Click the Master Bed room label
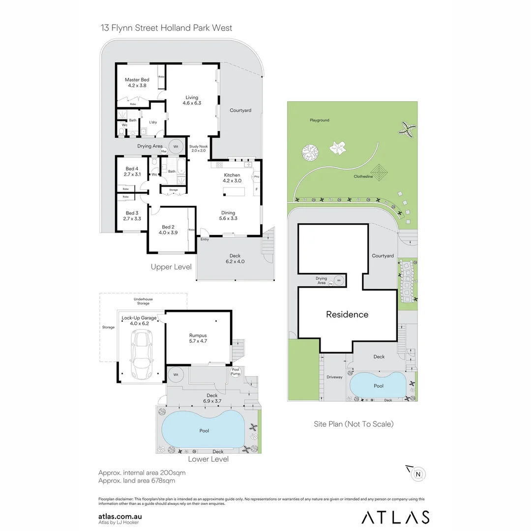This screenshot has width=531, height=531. (137, 83)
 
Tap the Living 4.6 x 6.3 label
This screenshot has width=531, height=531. (192, 100)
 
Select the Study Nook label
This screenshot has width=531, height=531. (200, 148)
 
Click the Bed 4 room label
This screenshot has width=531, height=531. (132, 172)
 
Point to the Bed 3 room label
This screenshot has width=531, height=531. (132, 216)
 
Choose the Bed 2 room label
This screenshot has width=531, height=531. (168, 230)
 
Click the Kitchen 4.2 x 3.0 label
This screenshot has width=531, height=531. (232, 178)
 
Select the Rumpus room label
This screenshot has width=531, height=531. (199, 338)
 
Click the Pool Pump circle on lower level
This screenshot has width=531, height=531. (236, 372)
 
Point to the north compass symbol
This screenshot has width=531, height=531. (418, 474)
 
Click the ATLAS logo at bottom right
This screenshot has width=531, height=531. (395, 517)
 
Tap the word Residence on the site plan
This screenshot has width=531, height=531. (347, 315)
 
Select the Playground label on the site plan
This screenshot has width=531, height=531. (320, 120)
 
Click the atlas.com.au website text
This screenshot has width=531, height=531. (120, 516)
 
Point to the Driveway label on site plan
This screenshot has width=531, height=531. (334, 377)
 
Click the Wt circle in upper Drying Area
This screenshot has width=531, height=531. (176, 146)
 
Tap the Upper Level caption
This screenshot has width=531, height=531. (171, 267)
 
